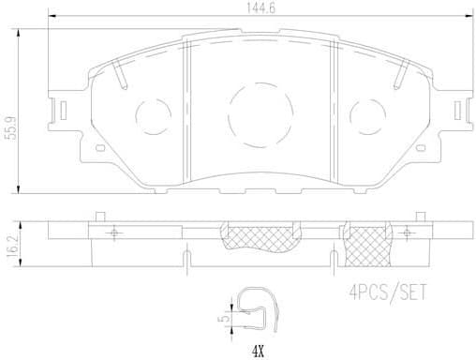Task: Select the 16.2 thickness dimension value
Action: [11, 247]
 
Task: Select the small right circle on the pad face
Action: [366, 116]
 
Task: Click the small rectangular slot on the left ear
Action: [61, 110]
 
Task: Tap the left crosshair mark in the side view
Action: [112, 232]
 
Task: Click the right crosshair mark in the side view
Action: [407, 232]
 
